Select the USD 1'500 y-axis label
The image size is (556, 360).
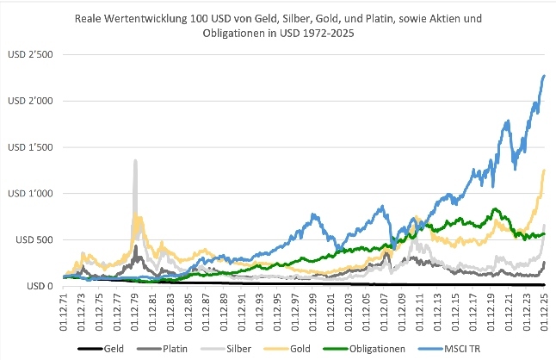[31, 147]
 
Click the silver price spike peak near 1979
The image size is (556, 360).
[135, 160]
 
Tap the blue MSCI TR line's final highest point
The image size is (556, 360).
[545, 76]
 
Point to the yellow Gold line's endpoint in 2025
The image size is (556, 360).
[545, 170]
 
